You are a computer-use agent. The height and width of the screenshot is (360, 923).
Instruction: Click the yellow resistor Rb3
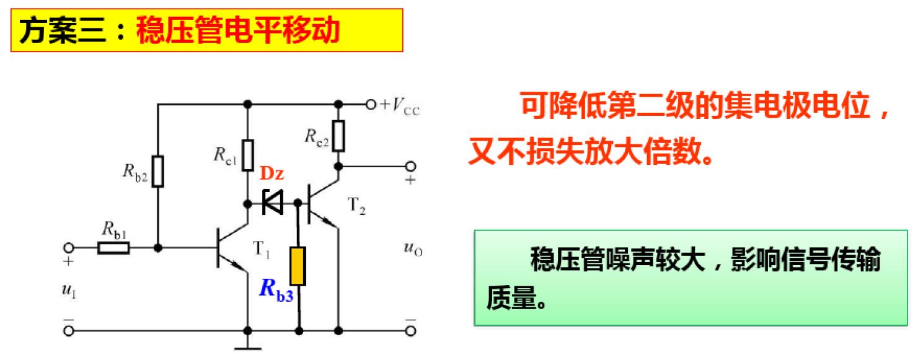tap(298, 266)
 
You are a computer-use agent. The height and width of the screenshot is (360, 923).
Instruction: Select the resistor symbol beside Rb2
tap(158, 171)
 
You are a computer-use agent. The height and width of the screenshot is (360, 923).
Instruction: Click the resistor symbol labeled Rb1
tap(114, 248)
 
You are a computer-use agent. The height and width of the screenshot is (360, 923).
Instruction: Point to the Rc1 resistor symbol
tap(248, 155)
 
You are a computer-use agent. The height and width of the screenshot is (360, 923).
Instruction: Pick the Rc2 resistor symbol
tap(338, 136)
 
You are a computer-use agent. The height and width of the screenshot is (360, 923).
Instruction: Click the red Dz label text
tap(272, 174)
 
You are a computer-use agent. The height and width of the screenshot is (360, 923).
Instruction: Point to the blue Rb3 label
tap(275, 290)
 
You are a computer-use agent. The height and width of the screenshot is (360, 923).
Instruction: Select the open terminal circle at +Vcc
tap(371, 105)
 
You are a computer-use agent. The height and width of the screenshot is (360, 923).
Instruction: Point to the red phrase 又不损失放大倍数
tap(589, 151)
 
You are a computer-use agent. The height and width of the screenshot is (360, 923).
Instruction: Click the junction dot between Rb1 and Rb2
tap(158, 248)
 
